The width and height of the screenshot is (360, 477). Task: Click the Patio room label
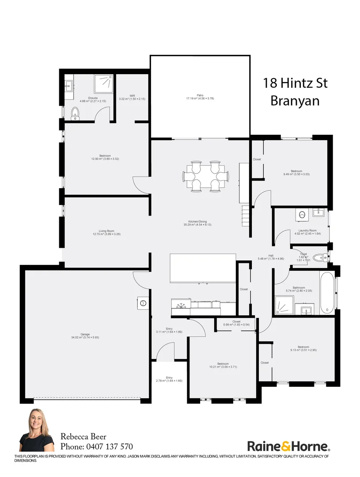(200, 95)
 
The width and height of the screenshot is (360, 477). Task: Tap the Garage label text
(85, 335)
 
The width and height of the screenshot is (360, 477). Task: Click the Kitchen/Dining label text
(197, 222)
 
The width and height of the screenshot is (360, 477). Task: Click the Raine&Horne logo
(289, 446)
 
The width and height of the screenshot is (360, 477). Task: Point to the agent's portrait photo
(36, 430)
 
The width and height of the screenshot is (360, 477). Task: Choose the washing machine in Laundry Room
(303, 215)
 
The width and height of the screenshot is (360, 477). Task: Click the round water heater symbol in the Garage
(143, 303)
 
